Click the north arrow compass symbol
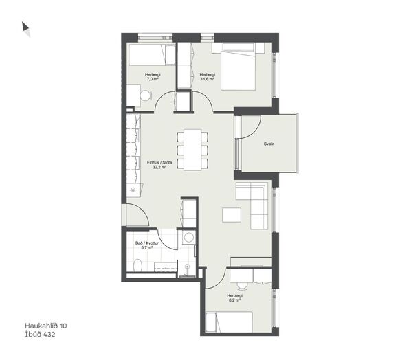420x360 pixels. coord(25,29)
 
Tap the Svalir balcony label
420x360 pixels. coord(269,144)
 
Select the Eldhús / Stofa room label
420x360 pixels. coord(159,162)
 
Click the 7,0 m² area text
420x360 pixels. coord(153,79)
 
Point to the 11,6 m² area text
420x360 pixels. coord(208,79)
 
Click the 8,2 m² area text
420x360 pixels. coord(234,300)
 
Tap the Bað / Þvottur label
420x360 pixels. coord(147,243)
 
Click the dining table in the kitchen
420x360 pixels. coord(192,150)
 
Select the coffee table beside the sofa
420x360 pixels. coord(232,214)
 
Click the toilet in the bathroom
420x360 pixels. coord(138,265)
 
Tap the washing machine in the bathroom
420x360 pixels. coord(189,238)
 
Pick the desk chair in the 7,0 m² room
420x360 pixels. coord(146,95)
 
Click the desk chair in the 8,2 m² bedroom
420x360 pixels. coord(243,285)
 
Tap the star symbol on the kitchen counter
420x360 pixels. coord(133,190)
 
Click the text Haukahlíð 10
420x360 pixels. coord(46,326)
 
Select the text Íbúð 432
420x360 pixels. coord(40,334)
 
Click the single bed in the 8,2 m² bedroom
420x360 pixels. coord(230,322)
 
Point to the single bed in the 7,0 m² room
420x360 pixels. coord(152,55)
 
